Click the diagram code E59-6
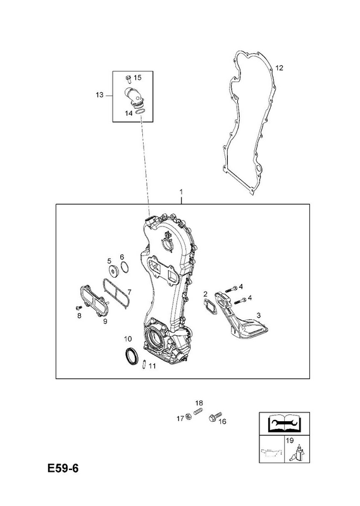pyautogui.click(x=63, y=468)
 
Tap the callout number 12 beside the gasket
pyautogui.click(x=279, y=68)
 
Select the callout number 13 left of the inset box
pyautogui.click(x=99, y=95)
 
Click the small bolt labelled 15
pyautogui.click(x=128, y=78)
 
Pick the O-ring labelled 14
pyautogui.click(x=139, y=111)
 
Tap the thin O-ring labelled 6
pyautogui.click(x=125, y=267)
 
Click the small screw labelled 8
pyautogui.click(x=77, y=307)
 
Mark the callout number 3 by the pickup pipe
pyautogui.click(x=258, y=315)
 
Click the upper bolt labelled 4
pyautogui.click(x=231, y=288)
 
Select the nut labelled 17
pyautogui.click(x=189, y=418)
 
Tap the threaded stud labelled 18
pyautogui.click(x=197, y=412)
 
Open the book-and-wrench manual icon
pyautogui.click(x=284, y=423)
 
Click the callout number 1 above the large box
pyautogui.click(x=181, y=192)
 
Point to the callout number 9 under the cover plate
pyautogui.click(x=105, y=321)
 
